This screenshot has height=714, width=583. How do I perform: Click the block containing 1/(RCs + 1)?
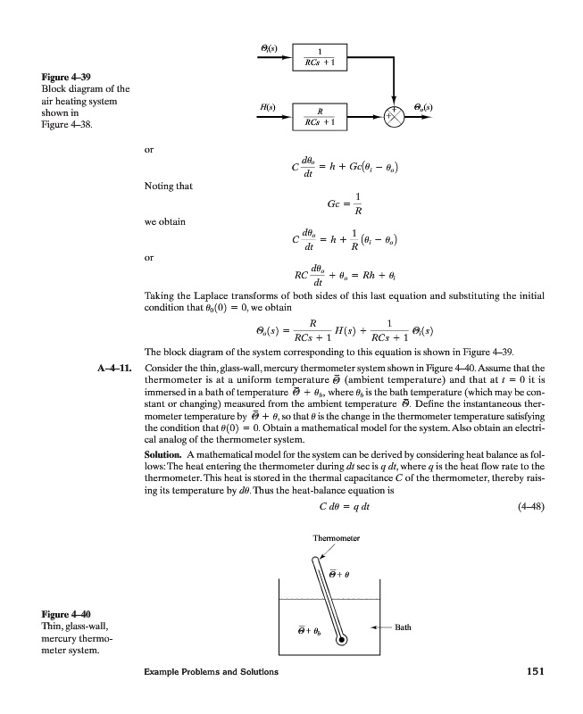tap(319, 57)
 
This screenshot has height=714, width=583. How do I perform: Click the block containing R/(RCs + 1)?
tap(319, 116)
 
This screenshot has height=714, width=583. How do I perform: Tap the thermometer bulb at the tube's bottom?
tap(341, 641)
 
